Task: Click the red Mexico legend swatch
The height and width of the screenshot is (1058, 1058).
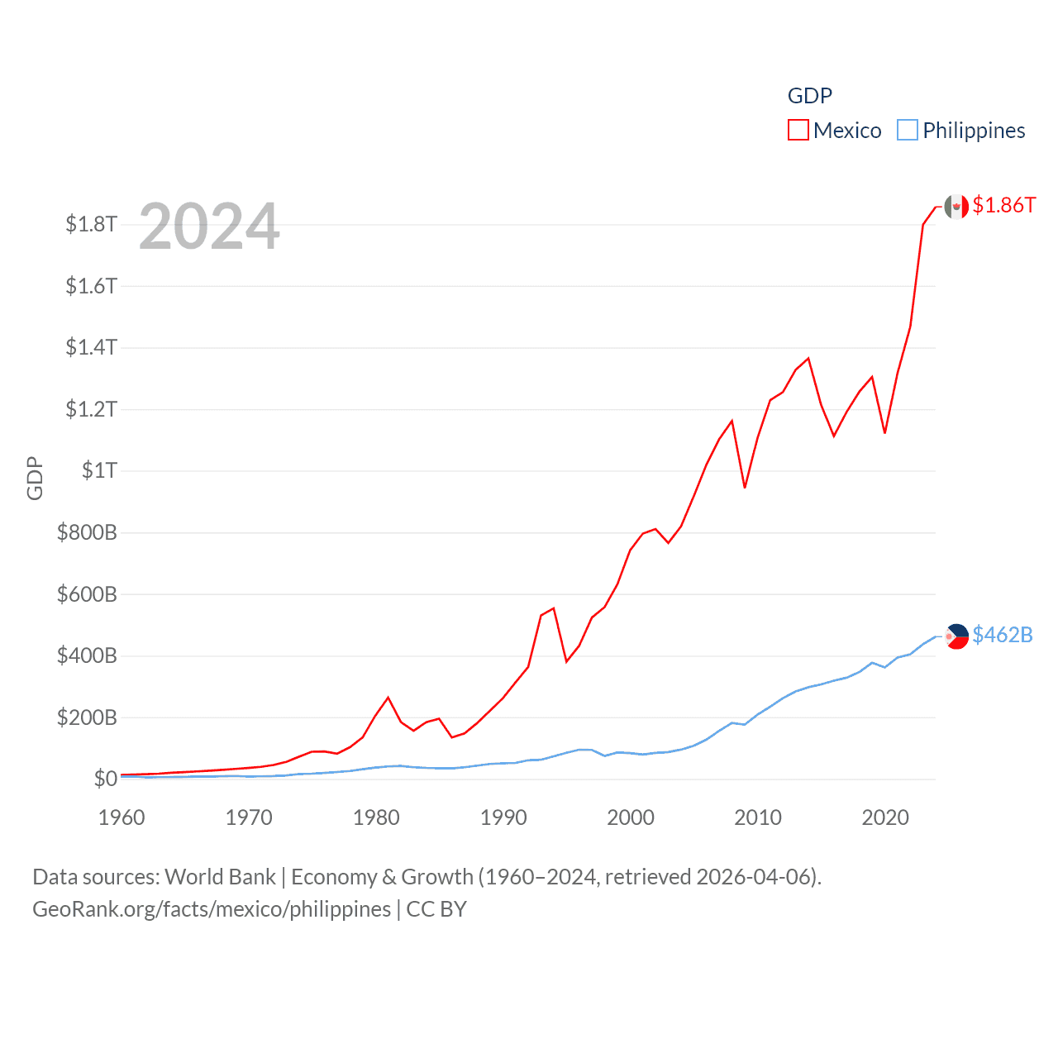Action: (798, 131)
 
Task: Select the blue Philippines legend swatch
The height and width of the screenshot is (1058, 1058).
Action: (908, 131)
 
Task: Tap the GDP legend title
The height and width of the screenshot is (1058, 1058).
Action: (809, 96)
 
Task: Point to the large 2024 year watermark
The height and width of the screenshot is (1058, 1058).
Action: (209, 226)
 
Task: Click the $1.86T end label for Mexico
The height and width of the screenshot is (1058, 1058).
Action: (1003, 205)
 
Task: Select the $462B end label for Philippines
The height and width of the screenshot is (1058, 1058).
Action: (1002, 635)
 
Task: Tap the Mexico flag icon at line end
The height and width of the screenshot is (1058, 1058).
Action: (956, 207)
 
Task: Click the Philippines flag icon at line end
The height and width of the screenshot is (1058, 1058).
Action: (956, 636)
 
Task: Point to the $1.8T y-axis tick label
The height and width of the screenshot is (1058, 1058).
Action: (91, 224)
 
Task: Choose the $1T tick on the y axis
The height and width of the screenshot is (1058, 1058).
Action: (99, 470)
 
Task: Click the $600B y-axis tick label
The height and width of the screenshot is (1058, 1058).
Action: (87, 593)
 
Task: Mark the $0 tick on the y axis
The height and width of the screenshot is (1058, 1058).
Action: (105, 779)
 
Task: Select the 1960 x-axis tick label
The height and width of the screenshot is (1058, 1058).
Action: (122, 817)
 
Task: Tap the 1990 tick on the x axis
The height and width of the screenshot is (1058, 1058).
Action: (503, 817)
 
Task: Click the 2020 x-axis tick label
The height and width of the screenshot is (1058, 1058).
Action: (885, 817)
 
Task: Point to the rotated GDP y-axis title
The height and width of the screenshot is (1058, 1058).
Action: (35, 478)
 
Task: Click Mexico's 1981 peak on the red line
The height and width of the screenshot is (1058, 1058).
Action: (388, 698)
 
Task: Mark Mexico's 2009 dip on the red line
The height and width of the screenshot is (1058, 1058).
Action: (745, 488)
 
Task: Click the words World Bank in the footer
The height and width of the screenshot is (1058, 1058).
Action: (221, 877)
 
